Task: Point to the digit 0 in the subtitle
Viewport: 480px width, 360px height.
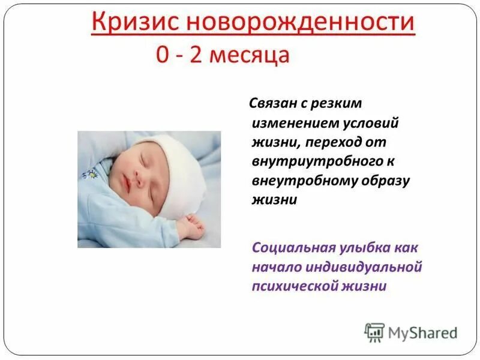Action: (163, 56)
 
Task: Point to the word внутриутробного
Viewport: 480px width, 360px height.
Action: (312, 162)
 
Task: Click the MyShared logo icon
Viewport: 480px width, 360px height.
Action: (375, 332)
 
